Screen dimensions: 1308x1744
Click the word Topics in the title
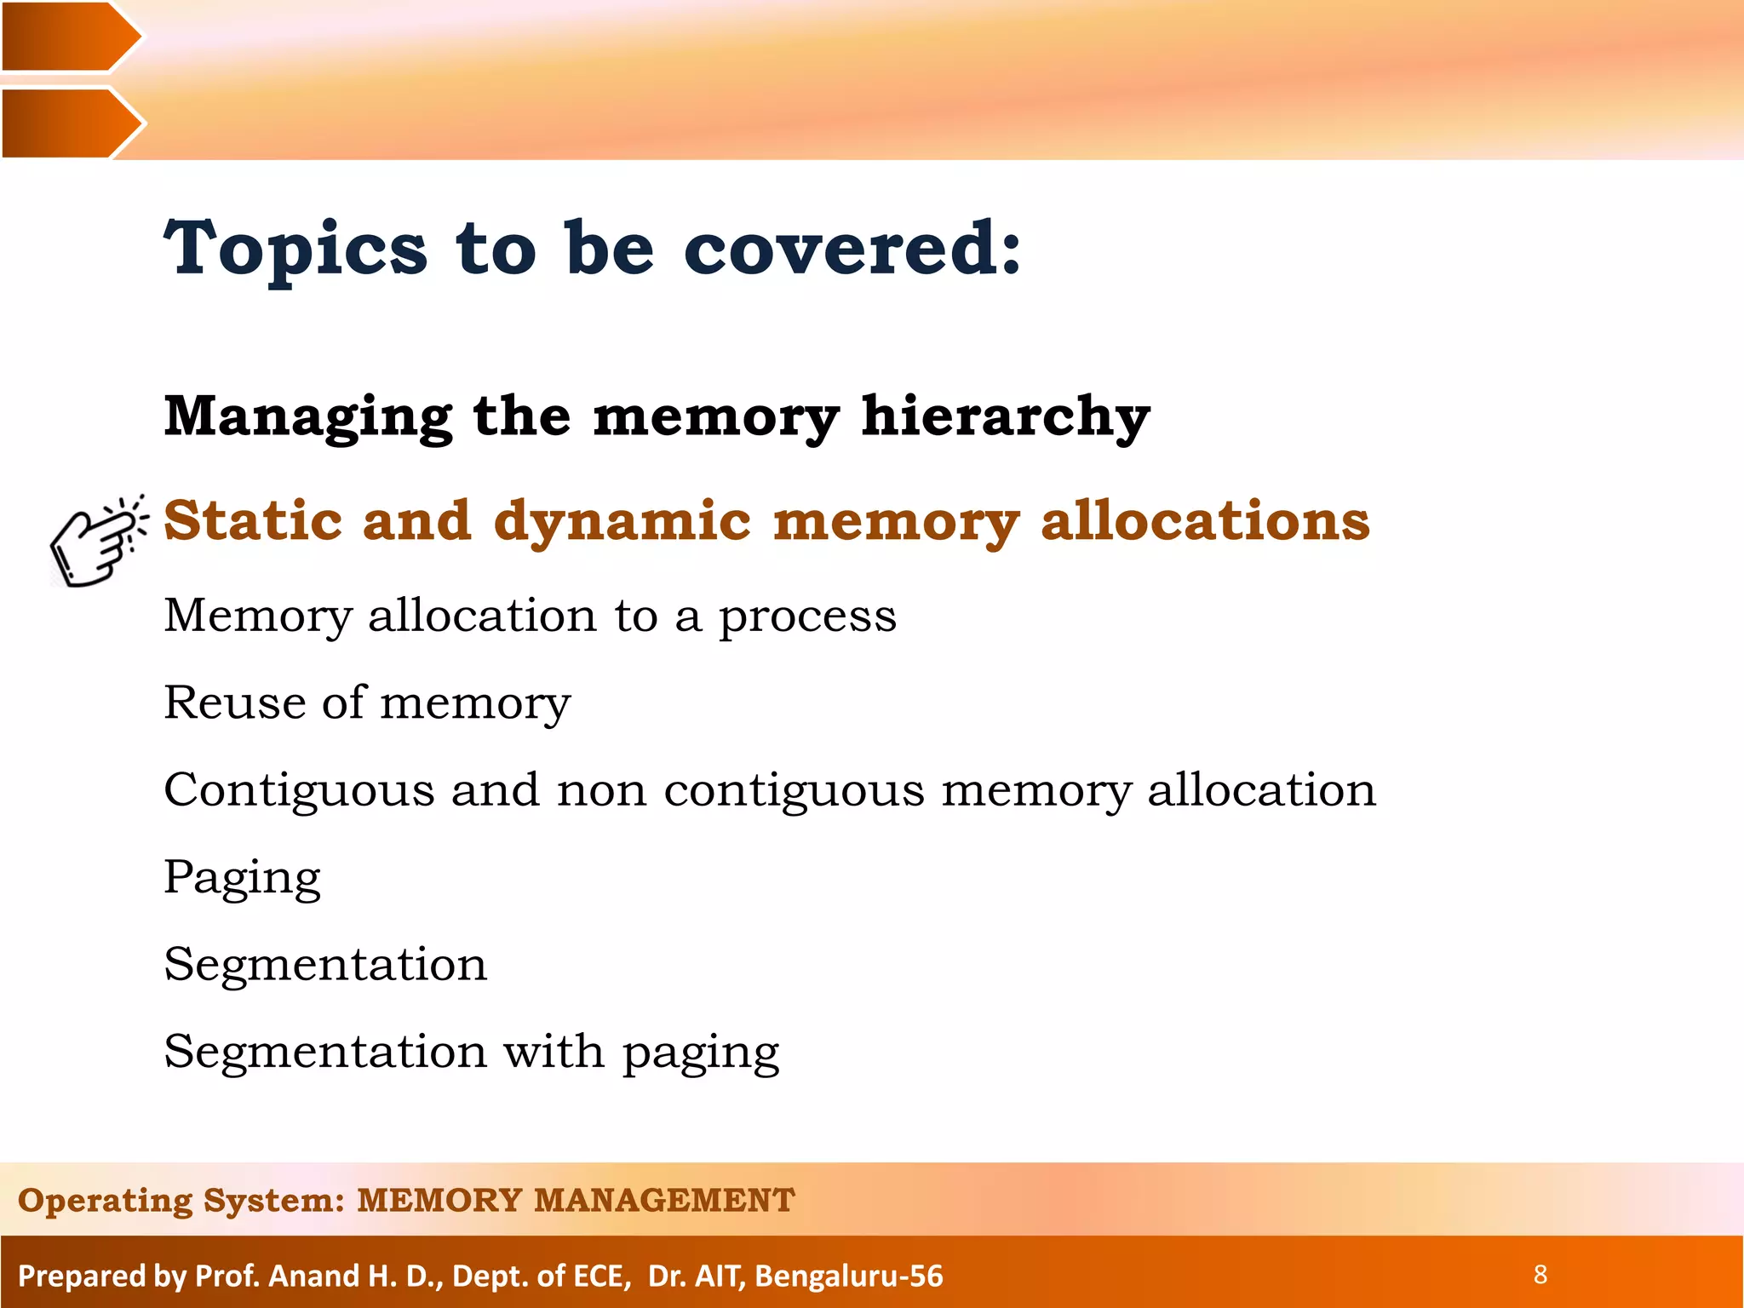pyautogui.click(x=295, y=249)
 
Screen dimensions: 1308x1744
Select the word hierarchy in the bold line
pyautogui.click(x=1005, y=417)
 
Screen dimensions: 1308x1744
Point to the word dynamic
pyautogui.click(x=622, y=520)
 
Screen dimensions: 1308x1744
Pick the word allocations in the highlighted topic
pyautogui.click(x=1204, y=520)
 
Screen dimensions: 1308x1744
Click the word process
pyautogui.click(x=807, y=617)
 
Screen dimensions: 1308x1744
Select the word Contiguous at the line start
pyautogui.click(x=298, y=790)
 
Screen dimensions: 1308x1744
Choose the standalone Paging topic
pyautogui.click(x=242, y=878)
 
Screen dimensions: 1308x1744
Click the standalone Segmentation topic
pyautogui.click(x=325, y=965)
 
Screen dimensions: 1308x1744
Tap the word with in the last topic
pyautogui.click(x=554, y=1052)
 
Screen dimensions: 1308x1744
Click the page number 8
pyautogui.click(x=1540, y=1275)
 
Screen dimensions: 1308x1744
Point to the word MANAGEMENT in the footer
pyautogui.click(x=664, y=1201)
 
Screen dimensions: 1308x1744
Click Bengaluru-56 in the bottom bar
pyautogui.click(x=849, y=1276)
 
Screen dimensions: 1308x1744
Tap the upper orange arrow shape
pyautogui.click(x=68, y=37)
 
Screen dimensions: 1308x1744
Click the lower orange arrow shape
pyautogui.click(x=68, y=123)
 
